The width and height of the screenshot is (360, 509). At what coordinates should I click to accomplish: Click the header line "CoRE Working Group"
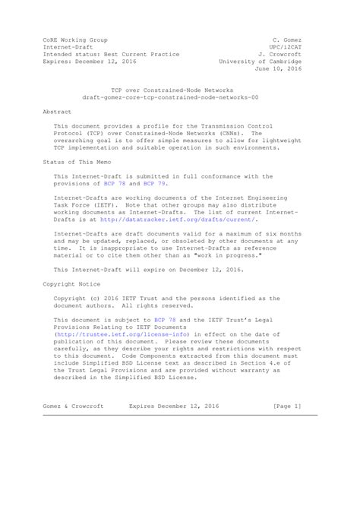[74, 39]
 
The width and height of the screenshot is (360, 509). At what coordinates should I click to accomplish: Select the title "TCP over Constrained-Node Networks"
[169, 89]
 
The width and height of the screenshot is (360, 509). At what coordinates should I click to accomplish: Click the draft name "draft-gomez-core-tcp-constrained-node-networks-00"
[169, 97]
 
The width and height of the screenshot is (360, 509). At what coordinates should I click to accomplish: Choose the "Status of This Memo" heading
[75, 163]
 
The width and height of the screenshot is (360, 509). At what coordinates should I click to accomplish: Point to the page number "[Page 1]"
[286, 406]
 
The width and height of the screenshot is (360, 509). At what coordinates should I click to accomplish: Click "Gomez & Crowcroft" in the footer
[74, 406]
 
